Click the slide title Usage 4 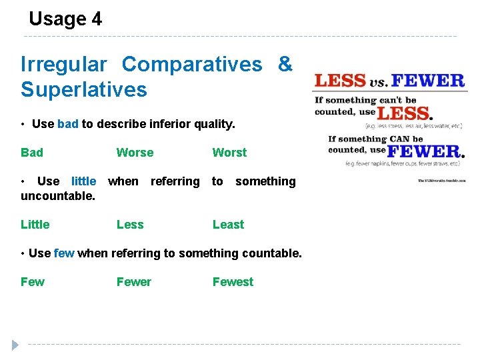[65, 19]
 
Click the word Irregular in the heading [63, 65]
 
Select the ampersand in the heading [285, 64]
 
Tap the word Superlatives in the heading [83, 89]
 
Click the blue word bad [68, 124]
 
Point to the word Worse [135, 153]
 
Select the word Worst [229, 153]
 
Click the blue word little [83, 181]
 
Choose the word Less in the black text [130, 225]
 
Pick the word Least [228, 225]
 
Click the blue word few [64, 253]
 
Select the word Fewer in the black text [134, 282]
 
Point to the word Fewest [233, 282]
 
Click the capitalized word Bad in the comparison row [32, 153]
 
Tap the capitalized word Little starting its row [35, 225]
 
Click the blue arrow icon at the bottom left [15, 345]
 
